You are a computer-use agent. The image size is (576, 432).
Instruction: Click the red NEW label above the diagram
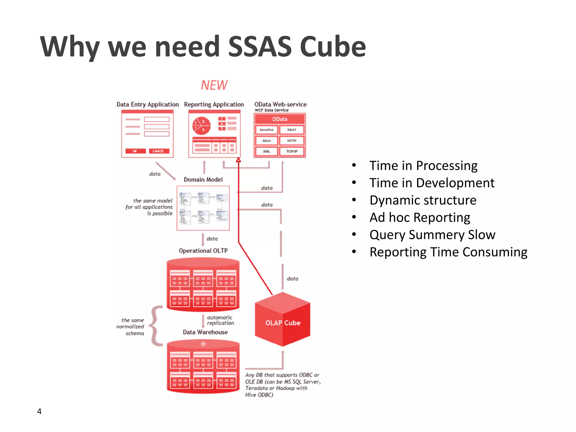[214, 85]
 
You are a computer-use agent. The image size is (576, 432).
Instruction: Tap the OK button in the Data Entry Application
[135, 151]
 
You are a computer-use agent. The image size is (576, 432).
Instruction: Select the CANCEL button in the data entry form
[159, 151]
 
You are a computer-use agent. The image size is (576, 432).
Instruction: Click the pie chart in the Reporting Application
[201, 125]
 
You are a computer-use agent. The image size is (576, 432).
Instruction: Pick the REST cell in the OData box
[292, 130]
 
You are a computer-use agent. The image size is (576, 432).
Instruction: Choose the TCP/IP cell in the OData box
[292, 151]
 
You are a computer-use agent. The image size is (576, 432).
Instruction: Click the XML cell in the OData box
[266, 151]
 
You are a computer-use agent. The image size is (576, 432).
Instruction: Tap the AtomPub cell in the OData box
[266, 130]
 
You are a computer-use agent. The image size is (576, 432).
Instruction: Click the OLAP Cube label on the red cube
[283, 323]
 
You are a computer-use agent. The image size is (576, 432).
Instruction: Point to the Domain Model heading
[203, 179]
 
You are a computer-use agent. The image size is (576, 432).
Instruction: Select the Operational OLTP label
[203, 251]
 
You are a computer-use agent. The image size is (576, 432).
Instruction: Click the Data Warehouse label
[205, 332]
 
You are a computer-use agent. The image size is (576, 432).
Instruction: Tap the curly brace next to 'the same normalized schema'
[156, 326]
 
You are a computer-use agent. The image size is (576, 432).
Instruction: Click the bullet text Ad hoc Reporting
[420, 217]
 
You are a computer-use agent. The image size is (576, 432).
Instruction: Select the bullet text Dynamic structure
[423, 200]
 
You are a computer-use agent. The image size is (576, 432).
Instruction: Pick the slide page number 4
[39, 411]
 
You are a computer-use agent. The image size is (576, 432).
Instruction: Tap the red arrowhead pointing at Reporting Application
[238, 160]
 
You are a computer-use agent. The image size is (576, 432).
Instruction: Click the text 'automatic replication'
[220, 320]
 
